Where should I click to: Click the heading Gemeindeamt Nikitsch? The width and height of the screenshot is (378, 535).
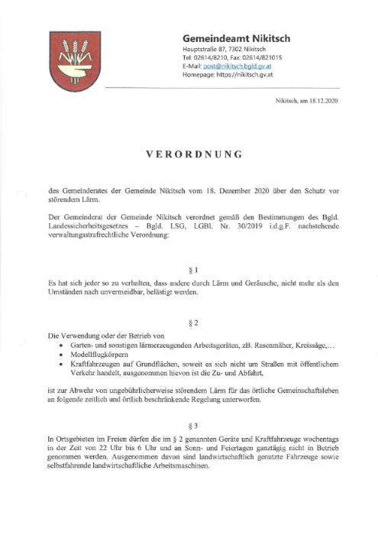(x=237, y=38)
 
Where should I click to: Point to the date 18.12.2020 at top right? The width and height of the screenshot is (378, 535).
(x=321, y=102)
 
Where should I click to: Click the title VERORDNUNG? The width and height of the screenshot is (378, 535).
(x=194, y=154)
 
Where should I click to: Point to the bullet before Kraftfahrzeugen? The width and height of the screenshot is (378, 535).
(x=60, y=365)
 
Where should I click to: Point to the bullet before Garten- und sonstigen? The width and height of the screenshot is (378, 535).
(x=60, y=345)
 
